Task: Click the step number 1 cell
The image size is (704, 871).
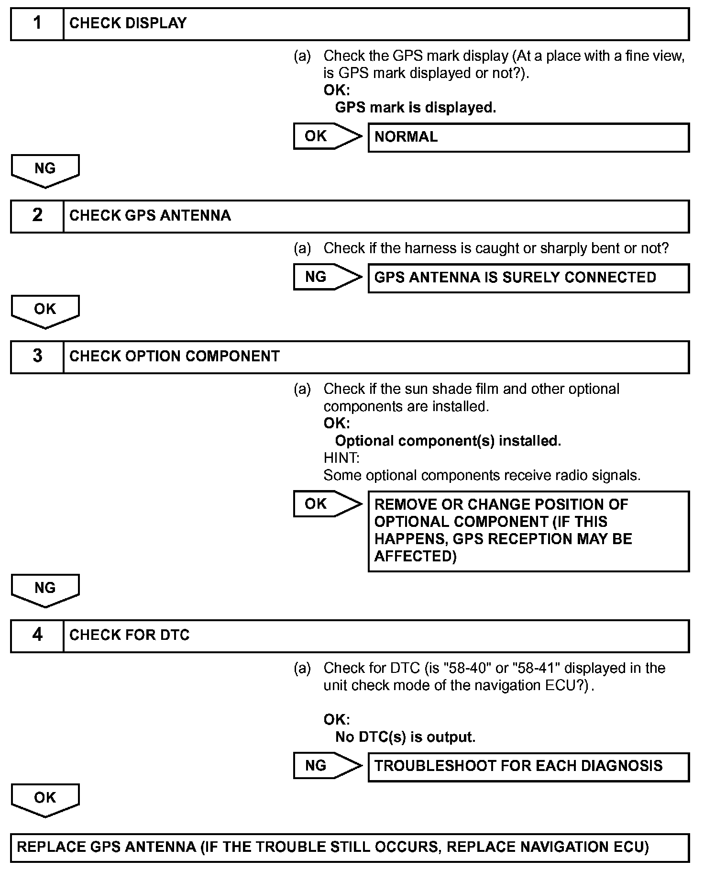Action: pos(37,23)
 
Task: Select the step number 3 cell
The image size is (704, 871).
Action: pos(37,357)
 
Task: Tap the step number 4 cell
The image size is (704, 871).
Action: pos(37,636)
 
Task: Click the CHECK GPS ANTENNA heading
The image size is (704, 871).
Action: pos(150,216)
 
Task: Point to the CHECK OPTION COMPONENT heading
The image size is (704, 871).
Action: pos(174,357)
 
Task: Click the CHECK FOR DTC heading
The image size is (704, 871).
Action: pos(129,636)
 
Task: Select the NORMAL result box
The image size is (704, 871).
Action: pos(528,137)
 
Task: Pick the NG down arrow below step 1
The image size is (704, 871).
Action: pos(45,170)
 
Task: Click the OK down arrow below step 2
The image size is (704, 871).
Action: pos(45,311)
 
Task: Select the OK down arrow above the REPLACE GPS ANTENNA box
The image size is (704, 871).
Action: pos(45,799)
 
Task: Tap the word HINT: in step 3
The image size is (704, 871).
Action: pos(341,458)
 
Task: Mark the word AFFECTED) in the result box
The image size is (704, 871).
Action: pos(415,557)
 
